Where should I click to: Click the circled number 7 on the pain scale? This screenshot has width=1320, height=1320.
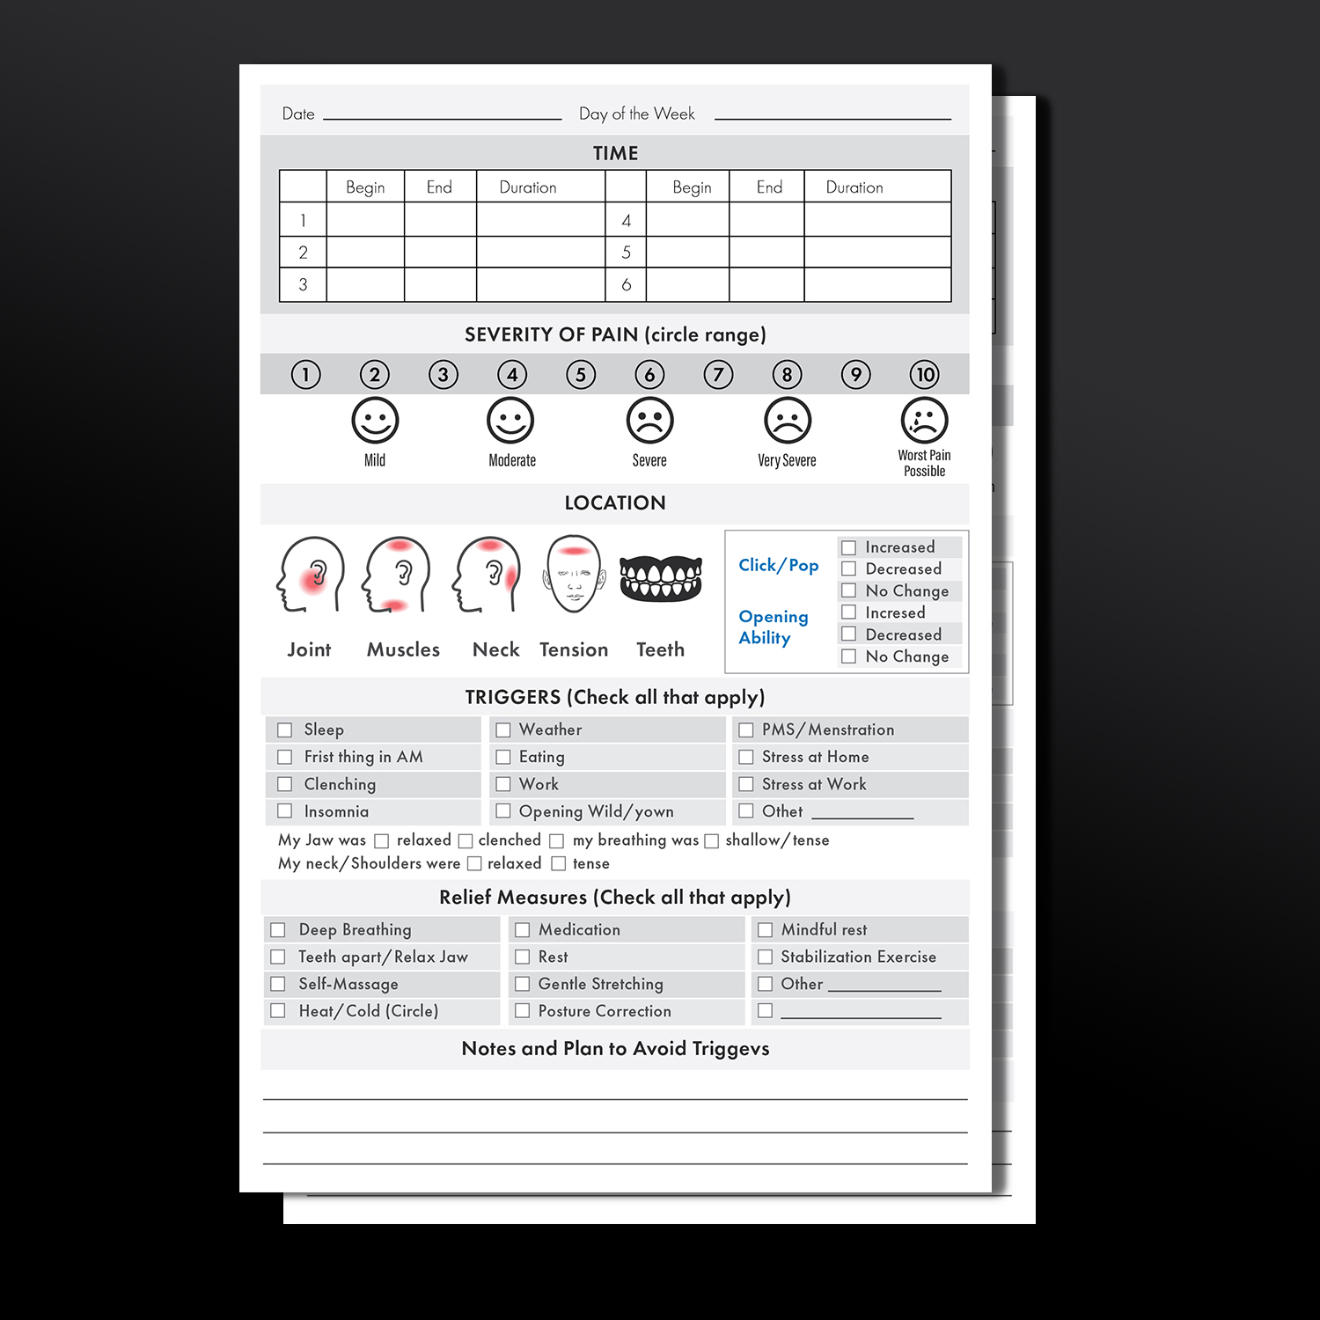718,375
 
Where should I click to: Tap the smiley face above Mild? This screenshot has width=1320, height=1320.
375,421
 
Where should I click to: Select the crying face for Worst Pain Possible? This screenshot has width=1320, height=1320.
924,421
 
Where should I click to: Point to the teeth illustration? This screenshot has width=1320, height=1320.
661,578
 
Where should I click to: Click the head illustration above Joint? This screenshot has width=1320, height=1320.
311,575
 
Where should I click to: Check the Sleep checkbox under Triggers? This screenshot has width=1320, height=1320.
284,730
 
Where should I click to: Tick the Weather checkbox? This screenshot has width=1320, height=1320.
502,730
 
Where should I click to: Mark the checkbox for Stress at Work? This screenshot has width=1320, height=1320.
745,784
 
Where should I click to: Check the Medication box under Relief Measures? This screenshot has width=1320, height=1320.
522,930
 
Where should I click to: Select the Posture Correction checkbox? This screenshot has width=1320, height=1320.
522,1011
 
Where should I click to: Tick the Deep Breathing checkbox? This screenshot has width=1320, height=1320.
277,930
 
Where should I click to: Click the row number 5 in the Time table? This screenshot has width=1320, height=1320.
626,253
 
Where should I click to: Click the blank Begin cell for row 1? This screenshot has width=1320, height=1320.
365,219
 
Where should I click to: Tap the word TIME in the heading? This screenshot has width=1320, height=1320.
615,153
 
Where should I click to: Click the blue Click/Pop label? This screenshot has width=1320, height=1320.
779,565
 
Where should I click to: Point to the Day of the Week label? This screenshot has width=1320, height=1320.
637,114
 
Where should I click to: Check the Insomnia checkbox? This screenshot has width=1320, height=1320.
284,810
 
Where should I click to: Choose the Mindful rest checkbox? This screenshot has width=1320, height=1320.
765,930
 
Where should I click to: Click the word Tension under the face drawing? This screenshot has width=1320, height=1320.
574,649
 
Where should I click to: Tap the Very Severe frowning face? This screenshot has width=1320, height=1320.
787,421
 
